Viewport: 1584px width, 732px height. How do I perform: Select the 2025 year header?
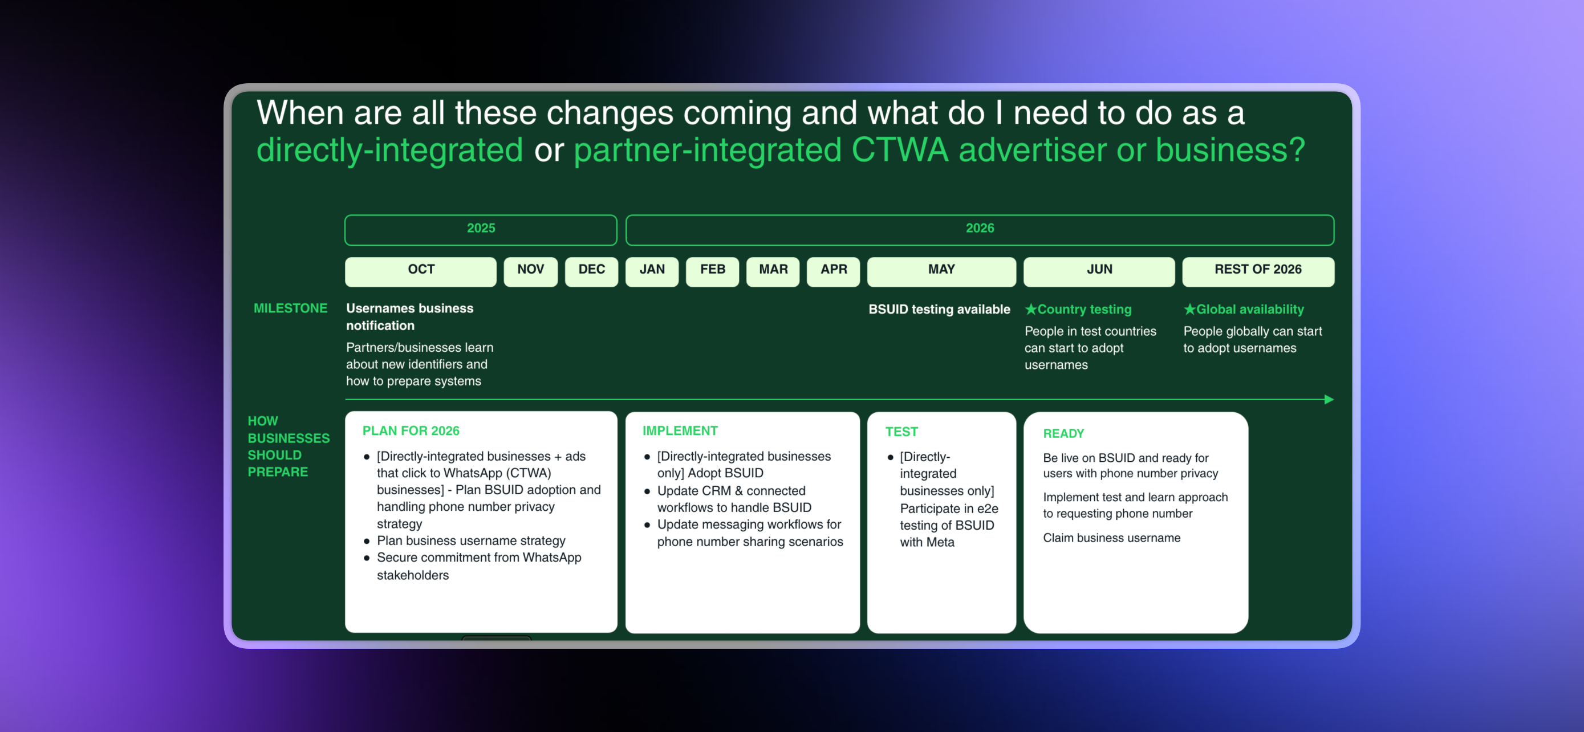click(480, 229)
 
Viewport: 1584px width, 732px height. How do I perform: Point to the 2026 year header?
click(979, 229)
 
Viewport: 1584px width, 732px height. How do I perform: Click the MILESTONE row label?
click(290, 308)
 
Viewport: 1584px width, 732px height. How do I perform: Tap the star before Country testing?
click(1030, 309)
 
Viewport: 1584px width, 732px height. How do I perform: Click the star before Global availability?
click(1189, 309)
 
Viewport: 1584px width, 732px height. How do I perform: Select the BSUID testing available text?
click(939, 309)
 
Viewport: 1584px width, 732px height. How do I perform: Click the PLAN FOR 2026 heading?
click(410, 431)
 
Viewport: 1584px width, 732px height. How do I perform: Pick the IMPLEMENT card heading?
click(680, 431)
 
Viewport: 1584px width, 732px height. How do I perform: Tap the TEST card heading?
click(901, 432)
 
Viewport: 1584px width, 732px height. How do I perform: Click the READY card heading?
click(1063, 433)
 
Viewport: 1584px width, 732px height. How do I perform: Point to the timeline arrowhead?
click(1328, 400)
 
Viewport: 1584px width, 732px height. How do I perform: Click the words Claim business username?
click(1111, 538)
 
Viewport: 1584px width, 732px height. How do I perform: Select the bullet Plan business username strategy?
click(470, 541)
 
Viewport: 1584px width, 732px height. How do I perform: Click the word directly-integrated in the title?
click(389, 151)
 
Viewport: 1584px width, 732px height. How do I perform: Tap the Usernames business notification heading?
click(409, 316)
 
